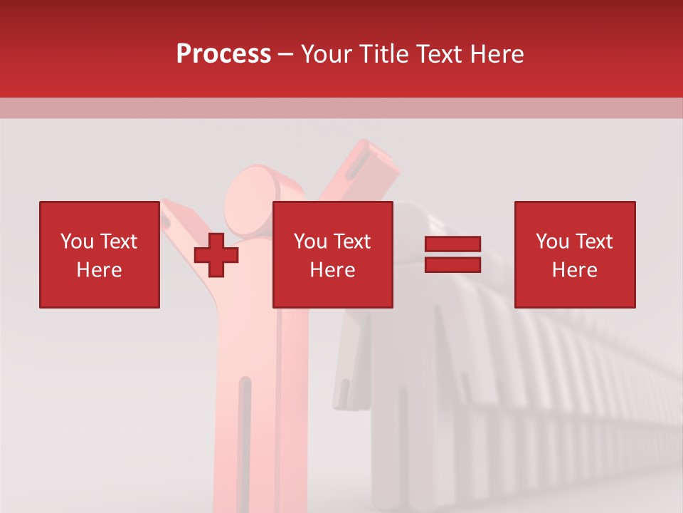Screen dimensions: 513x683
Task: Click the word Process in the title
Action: pyautogui.click(x=223, y=54)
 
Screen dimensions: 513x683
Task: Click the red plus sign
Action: pyautogui.click(x=216, y=254)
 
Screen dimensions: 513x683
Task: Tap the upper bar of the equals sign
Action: pyautogui.click(x=452, y=244)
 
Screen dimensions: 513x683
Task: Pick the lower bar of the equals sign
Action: pyautogui.click(x=452, y=264)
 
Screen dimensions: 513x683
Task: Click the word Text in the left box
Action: pyautogui.click(x=118, y=242)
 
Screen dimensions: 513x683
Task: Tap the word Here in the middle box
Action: pyautogui.click(x=332, y=270)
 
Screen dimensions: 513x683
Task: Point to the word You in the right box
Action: pyautogui.click(x=552, y=242)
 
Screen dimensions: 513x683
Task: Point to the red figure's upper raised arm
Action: pyautogui.click(x=356, y=171)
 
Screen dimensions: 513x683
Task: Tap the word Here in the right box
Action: pyautogui.click(x=574, y=270)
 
